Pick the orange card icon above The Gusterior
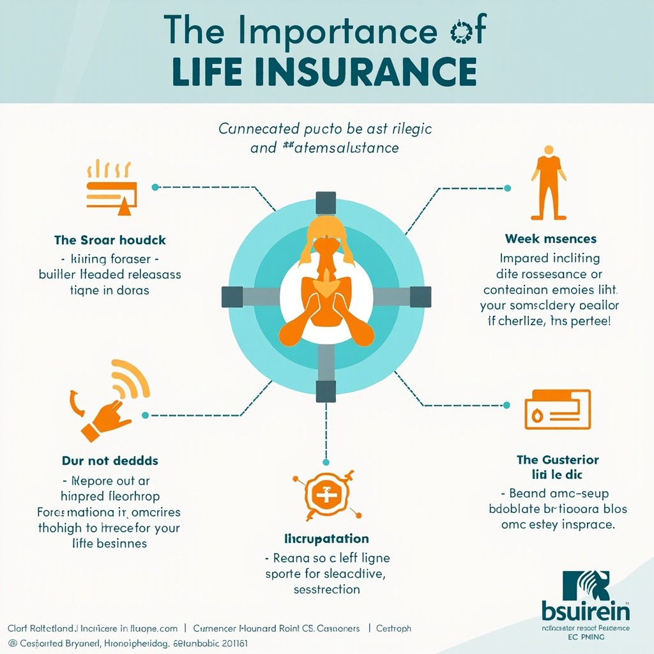[557, 409]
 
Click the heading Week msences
[550, 239]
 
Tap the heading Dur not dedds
[110, 460]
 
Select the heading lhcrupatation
[326, 539]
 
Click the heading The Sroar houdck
[110, 240]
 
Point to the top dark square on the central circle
[326, 203]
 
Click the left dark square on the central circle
[232, 297]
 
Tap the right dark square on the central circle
[420, 297]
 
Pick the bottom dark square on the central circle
[326, 391]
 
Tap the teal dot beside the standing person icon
[507, 188]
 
